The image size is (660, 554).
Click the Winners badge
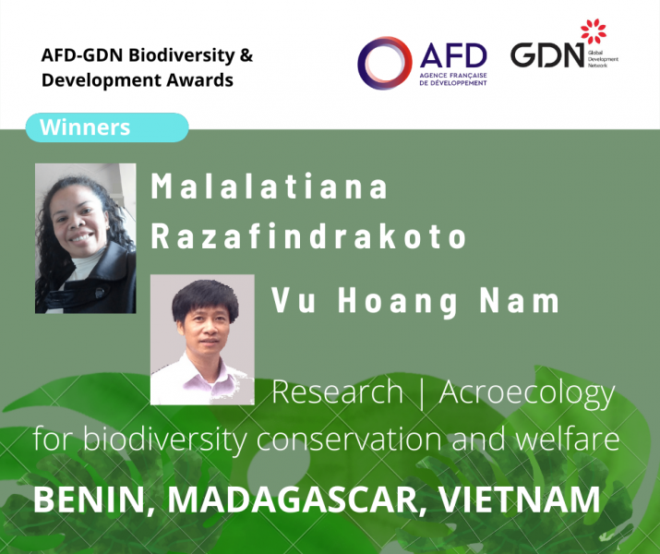tap(107, 127)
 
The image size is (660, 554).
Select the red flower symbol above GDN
tap(594, 31)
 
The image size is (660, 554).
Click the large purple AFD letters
tap(453, 55)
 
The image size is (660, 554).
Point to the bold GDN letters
tap(547, 55)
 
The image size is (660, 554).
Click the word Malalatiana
tap(269, 187)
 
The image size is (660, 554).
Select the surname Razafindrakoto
tap(308, 236)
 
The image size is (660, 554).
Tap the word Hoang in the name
tap(398, 302)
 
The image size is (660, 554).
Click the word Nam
tap(520, 301)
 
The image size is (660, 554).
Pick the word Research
tap(337, 391)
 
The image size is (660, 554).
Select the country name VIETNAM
tap(520, 500)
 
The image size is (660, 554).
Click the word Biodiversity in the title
tap(182, 56)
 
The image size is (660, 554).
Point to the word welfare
tap(567, 439)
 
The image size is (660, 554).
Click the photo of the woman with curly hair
tap(86, 238)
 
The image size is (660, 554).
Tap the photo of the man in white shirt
tap(202, 340)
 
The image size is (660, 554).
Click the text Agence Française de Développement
tap(453, 79)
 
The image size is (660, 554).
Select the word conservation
tap(349, 440)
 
